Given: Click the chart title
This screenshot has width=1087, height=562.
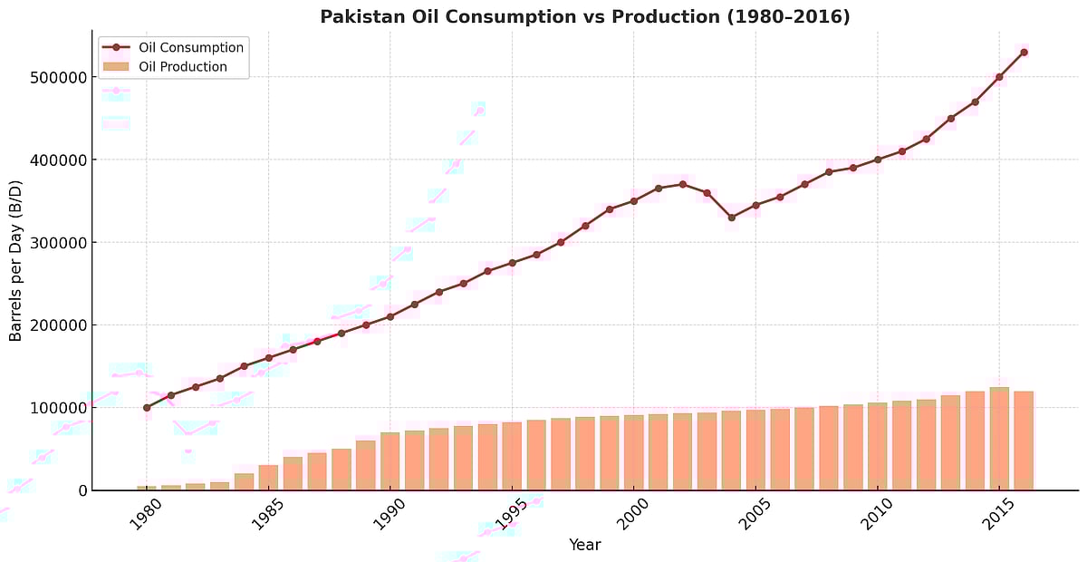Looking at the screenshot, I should click(x=584, y=16).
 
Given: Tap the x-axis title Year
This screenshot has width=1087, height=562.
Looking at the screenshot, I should click(x=584, y=545).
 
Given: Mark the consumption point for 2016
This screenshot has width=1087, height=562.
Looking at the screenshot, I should click(x=1024, y=53).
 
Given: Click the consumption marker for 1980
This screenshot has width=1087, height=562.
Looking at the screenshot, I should click(x=147, y=408).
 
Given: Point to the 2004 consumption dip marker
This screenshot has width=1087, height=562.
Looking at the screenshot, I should click(x=732, y=218).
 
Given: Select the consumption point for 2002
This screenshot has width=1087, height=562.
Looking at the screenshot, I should click(x=683, y=184).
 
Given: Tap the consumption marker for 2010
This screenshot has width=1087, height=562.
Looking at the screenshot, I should click(x=878, y=160).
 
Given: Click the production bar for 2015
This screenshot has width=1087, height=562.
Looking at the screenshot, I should click(x=999, y=440).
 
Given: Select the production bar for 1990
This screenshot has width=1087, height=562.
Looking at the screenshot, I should click(x=390, y=461).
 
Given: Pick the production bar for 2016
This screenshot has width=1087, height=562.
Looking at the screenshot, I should click(x=1024, y=441).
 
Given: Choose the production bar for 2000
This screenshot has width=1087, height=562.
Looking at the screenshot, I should click(x=634, y=453).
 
